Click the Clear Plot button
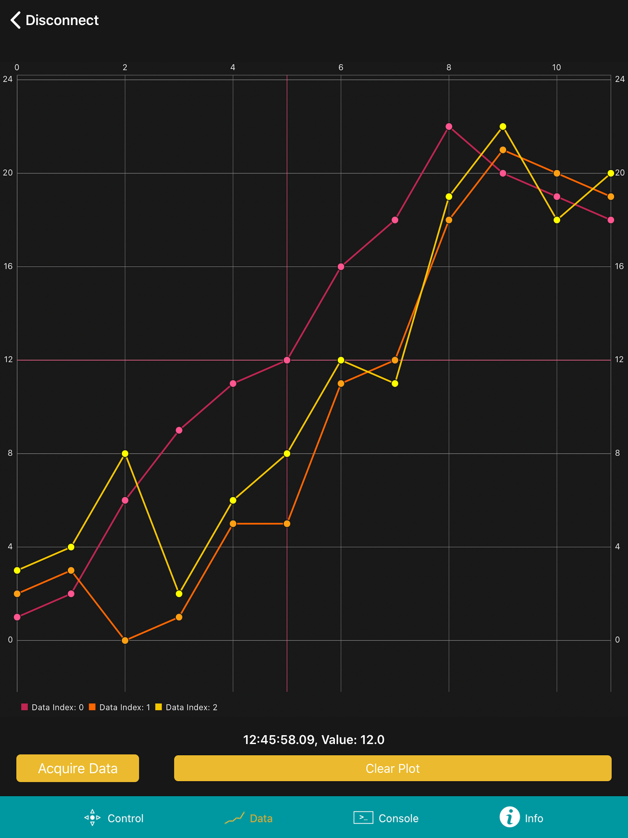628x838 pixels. (392, 768)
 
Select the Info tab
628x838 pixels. (521, 818)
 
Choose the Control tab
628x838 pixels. (114, 818)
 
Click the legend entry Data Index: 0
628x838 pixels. (53, 707)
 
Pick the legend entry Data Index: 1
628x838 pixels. (120, 707)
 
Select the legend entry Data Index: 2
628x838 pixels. (186, 707)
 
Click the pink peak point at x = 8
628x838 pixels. (449, 127)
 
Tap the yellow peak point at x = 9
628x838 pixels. (503, 127)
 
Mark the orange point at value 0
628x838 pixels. (125, 640)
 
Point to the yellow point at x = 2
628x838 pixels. (125, 453)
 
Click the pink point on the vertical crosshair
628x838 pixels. (287, 360)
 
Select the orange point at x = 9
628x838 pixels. (503, 150)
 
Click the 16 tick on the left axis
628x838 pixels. (8, 266)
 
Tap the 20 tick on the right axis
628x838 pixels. (620, 173)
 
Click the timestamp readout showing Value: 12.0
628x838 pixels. (314, 740)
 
